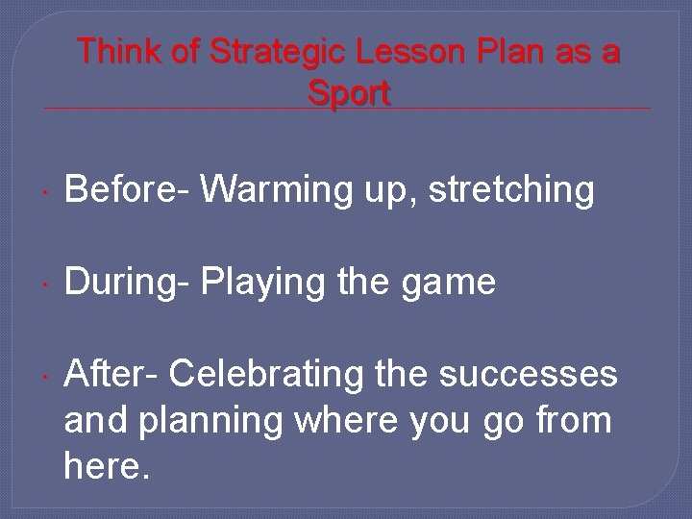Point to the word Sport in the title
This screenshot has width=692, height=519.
[x=349, y=93]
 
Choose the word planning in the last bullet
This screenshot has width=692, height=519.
[x=193, y=420]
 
